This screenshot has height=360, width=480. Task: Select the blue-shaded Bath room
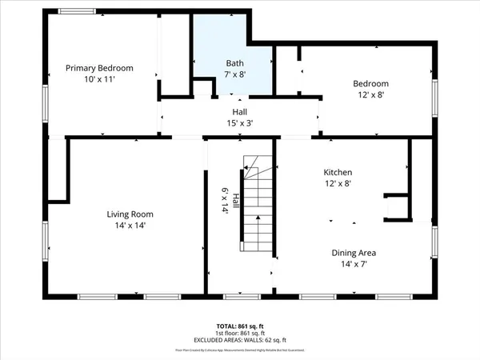232,48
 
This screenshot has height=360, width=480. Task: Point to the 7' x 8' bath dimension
234,74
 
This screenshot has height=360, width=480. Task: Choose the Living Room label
130,214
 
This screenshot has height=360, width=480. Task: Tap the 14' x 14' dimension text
130,226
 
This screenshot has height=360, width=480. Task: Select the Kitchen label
338,172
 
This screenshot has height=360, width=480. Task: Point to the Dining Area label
354,253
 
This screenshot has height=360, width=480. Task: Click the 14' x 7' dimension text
354,264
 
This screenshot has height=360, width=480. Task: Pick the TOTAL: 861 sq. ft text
239,326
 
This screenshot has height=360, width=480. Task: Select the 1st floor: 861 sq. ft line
239,333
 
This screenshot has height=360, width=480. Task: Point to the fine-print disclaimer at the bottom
239,350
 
